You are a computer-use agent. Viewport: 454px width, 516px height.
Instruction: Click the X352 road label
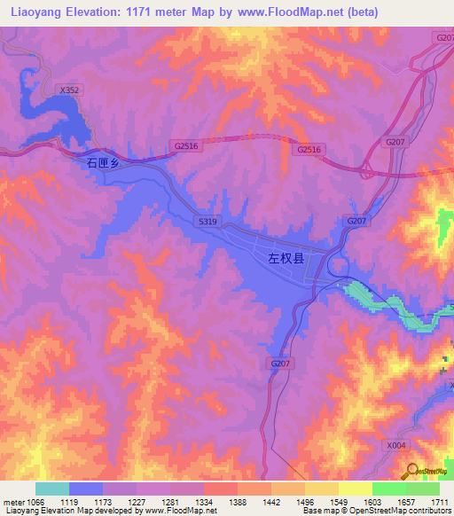coord(68,90)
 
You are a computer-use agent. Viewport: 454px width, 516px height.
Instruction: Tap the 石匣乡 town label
coord(102,163)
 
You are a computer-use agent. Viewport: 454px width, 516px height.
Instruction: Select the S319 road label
coord(207,221)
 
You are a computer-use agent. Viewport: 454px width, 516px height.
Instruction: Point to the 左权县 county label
coord(286,259)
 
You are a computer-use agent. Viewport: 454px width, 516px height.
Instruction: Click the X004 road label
coord(395,445)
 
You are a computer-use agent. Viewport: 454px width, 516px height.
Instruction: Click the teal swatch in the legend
coord(52,489)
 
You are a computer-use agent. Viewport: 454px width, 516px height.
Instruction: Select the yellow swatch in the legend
coord(356,489)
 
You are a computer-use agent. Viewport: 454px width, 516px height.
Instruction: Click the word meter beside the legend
coord(13,502)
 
